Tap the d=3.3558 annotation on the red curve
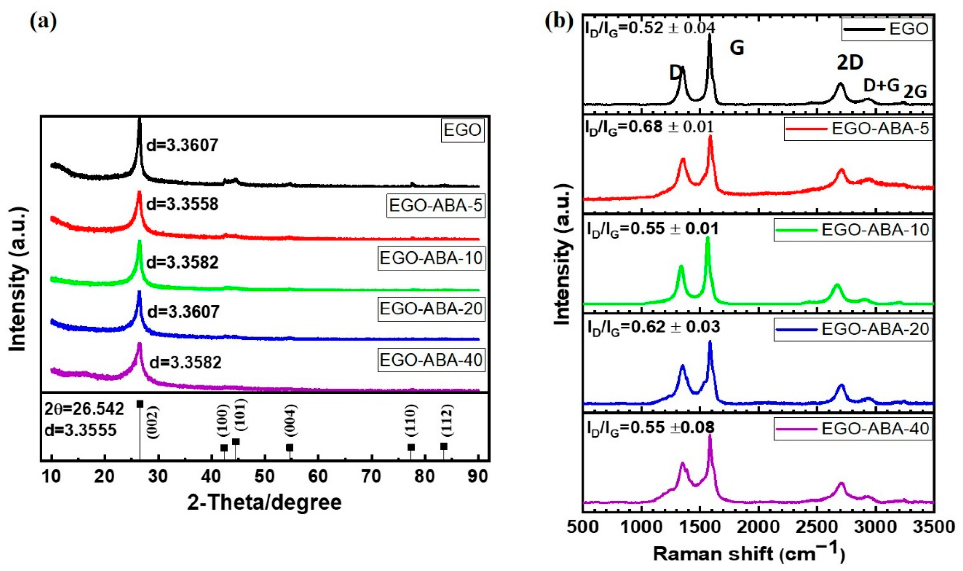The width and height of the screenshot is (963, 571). (183, 204)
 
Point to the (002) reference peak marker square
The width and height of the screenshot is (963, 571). (140, 404)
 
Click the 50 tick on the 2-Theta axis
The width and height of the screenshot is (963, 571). (264, 476)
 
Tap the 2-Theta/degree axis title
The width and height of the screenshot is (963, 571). (264, 503)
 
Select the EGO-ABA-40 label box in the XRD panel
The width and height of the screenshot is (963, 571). (431, 360)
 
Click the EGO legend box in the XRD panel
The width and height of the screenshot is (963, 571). (462, 130)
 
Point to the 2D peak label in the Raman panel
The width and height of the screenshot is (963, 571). (850, 63)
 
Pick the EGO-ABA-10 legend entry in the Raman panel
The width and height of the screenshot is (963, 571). (854, 230)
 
